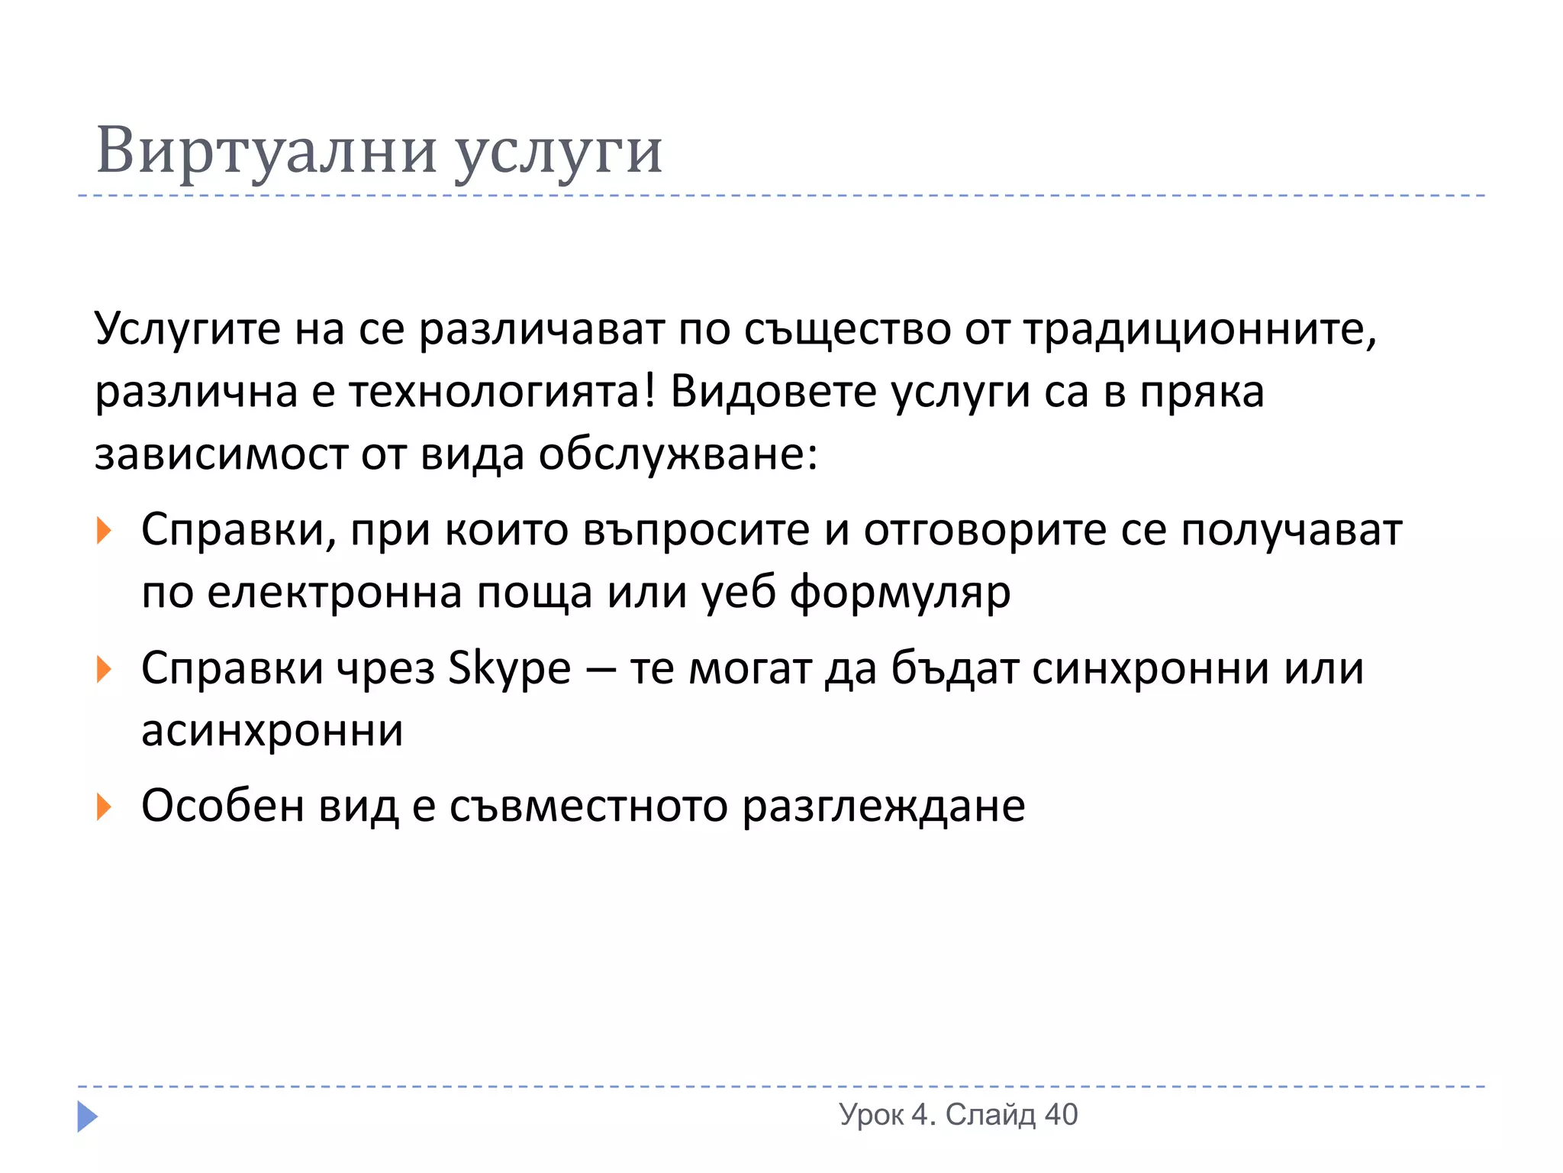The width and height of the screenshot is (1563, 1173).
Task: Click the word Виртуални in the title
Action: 266,150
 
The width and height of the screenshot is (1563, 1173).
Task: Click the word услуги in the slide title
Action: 558,153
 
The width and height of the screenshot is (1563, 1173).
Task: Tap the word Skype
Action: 509,669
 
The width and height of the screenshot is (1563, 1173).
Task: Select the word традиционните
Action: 1200,330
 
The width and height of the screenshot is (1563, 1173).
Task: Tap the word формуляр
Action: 900,593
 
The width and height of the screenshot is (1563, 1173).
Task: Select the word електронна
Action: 334,593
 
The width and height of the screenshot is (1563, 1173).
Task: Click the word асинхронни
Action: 272,732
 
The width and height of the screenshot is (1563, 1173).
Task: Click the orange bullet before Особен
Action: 104,807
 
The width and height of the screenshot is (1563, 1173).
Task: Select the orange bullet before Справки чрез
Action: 104,670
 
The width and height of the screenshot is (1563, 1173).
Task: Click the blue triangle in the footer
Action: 87,1116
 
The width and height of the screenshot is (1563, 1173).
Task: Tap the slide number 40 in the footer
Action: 1061,1115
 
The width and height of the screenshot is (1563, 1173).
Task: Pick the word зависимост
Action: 221,455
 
